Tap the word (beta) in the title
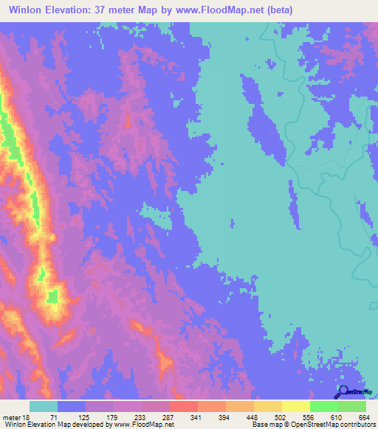pyautogui.click(x=279, y=10)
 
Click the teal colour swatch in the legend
pyautogui.click(x=44, y=406)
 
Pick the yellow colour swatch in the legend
pyautogui.click(x=296, y=406)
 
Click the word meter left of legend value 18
pyautogui.click(x=13, y=416)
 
